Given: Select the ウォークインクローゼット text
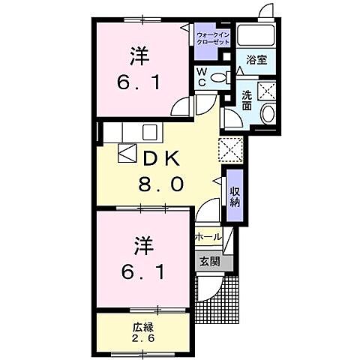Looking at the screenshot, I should click(x=213, y=38).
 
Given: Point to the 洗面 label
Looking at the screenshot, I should click(x=247, y=100).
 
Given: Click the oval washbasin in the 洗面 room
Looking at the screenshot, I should click(x=268, y=114).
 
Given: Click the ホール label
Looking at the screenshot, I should click(x=207, y=237).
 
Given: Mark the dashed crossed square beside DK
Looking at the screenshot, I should click(x=229, y=148).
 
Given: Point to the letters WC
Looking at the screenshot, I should click(x=201, y=77).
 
